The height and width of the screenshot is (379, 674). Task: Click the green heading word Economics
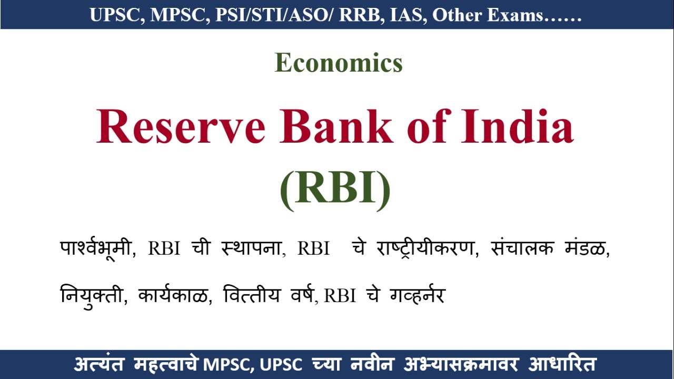pyautogui.click(x=339, y=63)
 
